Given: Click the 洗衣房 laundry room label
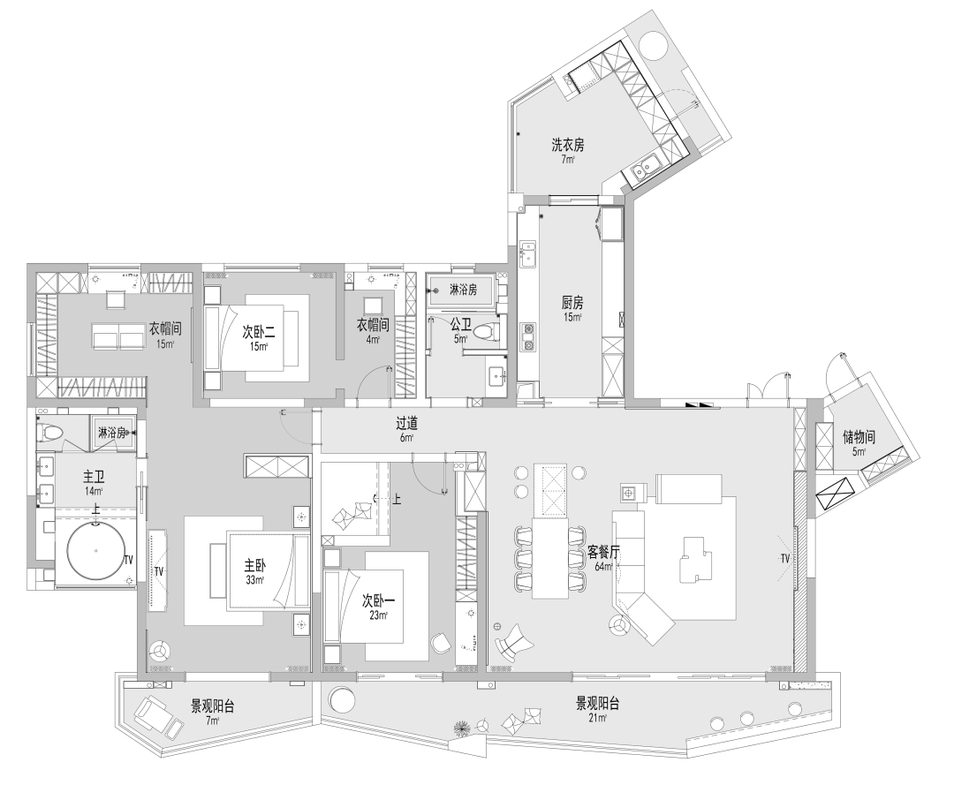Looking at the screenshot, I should click(x=568, y=143).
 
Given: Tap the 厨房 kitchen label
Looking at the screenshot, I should click(x=572, y=301).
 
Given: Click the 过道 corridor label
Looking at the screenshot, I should click(x=406, y=423).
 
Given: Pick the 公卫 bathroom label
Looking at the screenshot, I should click(x=460, y=324).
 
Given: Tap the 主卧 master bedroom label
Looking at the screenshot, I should click(x=256, y=566).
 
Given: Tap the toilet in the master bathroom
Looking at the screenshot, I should click(x=54, y=433).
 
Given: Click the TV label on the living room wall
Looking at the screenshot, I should click(x=784, y=559).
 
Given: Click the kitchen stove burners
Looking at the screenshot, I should click(x=528, y=336).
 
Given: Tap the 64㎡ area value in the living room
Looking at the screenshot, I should click(x=604, y=566).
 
